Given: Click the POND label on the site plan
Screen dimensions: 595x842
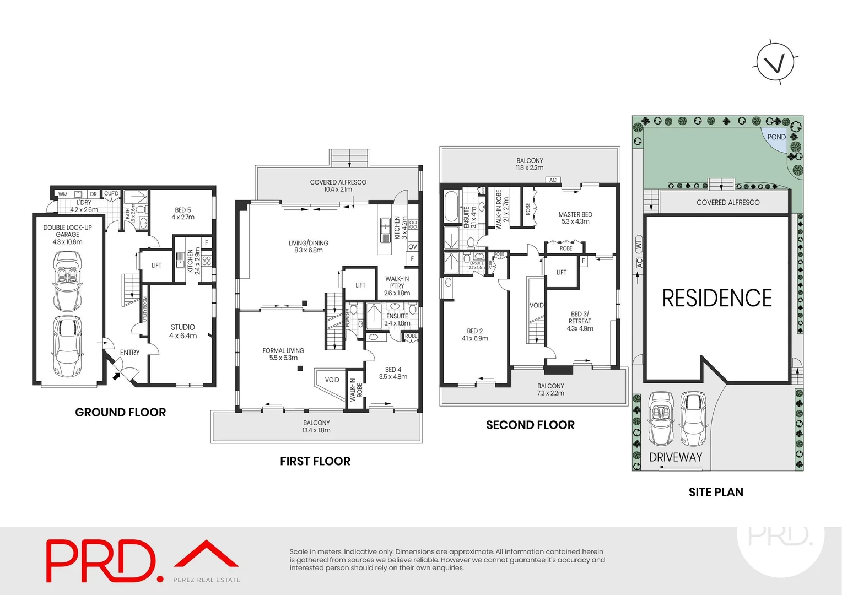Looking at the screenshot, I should (776, 137).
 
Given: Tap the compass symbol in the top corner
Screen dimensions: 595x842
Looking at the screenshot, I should (775, 62).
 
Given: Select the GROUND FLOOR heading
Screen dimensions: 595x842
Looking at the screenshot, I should (120, 412).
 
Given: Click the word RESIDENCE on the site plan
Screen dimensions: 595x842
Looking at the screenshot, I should (716, 298).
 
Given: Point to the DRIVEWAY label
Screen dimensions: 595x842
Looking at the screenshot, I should (676, 457).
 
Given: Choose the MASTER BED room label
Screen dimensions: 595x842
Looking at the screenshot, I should (575, 218).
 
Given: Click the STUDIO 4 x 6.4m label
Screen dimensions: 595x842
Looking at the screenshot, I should (182, 331).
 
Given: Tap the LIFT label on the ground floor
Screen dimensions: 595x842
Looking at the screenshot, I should (156, 266).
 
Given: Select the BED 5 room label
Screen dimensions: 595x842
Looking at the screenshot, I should (183, 213).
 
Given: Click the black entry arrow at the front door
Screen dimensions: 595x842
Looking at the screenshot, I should (117, 376).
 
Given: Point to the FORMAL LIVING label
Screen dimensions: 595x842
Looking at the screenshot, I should (283, 354).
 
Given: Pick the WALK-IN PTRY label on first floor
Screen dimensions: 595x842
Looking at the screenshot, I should (397, 285).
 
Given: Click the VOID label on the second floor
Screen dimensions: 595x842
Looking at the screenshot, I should (536, 305).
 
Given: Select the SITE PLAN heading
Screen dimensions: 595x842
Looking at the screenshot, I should (715, 492).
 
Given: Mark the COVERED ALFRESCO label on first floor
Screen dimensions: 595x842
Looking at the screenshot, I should (338, 186).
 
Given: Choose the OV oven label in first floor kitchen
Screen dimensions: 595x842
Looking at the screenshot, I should (412, 247).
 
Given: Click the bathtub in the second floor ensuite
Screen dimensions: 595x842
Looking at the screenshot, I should (451, 206).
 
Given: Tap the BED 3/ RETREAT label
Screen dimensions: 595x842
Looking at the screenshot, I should (580, 321).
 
